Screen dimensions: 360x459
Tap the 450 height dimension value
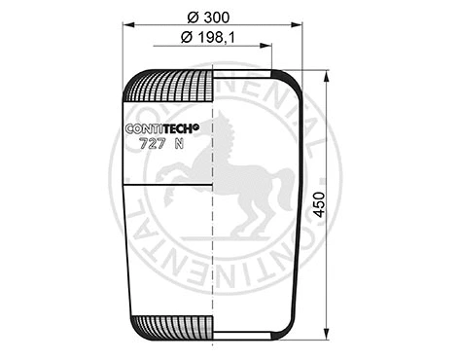pos(318,206)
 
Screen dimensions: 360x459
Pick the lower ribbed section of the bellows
pos(169,327)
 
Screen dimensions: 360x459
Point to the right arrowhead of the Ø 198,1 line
pos(271,47)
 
